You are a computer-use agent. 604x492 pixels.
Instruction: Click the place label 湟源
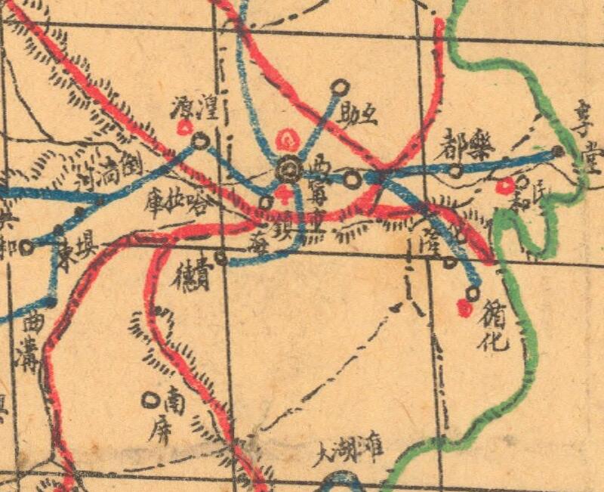tap(196, 111)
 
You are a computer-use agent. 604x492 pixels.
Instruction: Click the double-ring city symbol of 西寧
tap(288, 169)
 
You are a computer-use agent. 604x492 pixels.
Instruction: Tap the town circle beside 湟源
tap(200, 140)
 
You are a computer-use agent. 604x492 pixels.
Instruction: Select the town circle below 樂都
tap(455, 172)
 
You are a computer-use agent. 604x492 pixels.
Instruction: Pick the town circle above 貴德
tap(220, 258)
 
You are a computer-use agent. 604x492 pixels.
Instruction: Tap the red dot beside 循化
tap(464, 307)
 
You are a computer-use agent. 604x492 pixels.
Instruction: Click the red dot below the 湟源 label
tap(183, 128)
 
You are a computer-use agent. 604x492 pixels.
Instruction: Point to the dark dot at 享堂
tap(558, 151)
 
